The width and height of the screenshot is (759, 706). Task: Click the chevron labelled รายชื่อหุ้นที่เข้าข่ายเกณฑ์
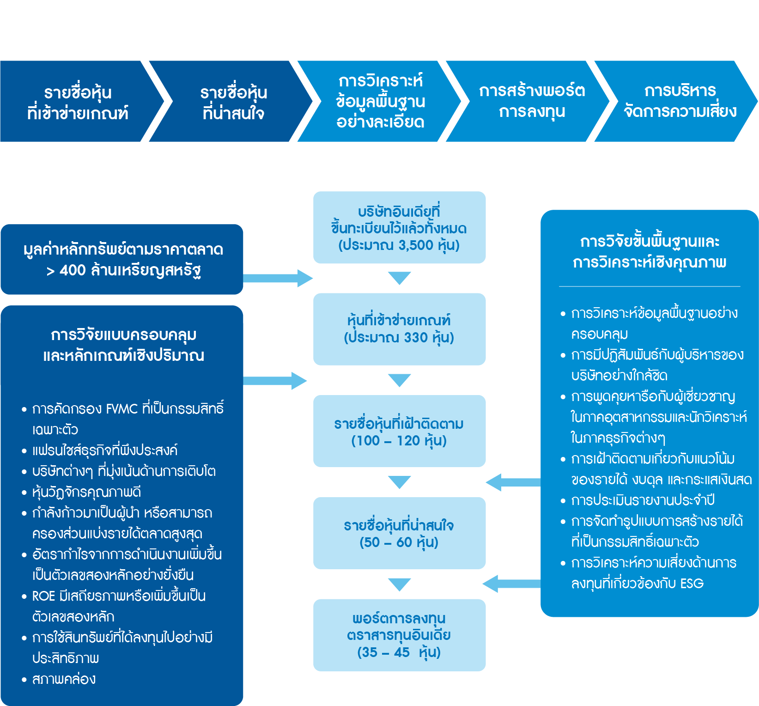[78, 102]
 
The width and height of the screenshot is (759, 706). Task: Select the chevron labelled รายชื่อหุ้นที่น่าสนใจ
[233, 102]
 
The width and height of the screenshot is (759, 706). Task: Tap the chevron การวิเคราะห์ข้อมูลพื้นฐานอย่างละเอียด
[380, 102]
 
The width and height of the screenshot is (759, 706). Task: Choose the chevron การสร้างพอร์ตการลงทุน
[532, 102]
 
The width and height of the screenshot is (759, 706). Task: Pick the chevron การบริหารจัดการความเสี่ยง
[680, 102]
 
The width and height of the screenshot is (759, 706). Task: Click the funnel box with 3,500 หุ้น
[399, 228]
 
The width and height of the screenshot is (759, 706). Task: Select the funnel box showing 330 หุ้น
[399, 329]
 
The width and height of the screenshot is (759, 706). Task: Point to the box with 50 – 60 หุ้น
[399, 533]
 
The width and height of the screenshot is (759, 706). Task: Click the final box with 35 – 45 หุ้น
[399, 635]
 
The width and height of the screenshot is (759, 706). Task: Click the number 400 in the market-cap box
[73, 270]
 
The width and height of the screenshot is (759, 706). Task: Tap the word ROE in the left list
[43, 596]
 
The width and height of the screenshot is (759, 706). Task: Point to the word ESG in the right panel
[692, 584]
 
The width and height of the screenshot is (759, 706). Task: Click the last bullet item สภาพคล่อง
[64, 679]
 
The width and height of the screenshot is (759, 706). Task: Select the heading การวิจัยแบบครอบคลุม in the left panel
[123, 335]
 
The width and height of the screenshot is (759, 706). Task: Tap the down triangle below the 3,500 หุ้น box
[399, 278]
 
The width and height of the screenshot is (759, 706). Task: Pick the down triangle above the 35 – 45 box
[399, 584]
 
